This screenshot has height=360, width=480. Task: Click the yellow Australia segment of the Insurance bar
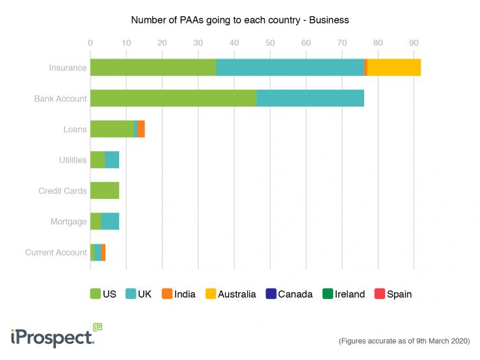(x=394, y=68)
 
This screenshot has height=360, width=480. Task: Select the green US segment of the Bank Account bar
(x=173, y=98)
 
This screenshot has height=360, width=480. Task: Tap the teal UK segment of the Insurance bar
(x=290, y=68)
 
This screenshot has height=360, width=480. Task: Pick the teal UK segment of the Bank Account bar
(x=310, y=98)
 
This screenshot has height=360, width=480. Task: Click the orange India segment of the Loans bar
(x=141, y=129)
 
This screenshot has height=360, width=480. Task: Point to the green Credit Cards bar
(x=105, y=190)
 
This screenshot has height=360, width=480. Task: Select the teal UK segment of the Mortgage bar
(x=110, y=222)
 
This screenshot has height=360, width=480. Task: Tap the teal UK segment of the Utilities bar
(x=112, y=160)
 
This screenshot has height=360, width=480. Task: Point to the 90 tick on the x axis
(x=414, y=43)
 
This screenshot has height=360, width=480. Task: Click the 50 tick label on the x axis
(x=270, y=43)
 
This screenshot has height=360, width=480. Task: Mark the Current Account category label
(x=56, y=252)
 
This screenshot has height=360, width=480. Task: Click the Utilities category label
(x=73, y=160)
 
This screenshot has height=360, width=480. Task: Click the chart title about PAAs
(x=240, y=20)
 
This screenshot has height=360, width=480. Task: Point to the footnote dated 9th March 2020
(x=404, y=341)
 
